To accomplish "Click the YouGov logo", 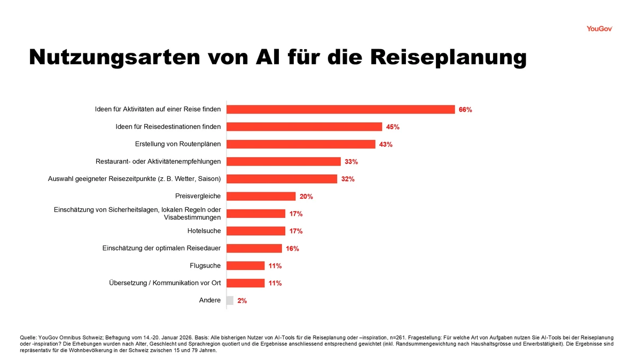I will [x=599, y=29].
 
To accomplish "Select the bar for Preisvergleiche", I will [x=261, y=196].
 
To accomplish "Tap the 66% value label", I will [x=465, y=110].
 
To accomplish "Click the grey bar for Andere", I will [x=230, y=301].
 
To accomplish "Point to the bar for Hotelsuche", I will [x=256, y=231].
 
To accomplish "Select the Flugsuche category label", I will [x=205, y=265].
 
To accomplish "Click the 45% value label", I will [x=393, y=127].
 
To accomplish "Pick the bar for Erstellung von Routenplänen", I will [x=301, y=144].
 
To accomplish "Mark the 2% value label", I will [x=242, y=301].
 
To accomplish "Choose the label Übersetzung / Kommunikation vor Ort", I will [x=165, y=283].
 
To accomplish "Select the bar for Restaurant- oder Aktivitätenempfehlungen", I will [x=284, y=161].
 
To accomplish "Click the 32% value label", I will [x=348, y=179].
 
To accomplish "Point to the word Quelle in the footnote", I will [x=28, y=338].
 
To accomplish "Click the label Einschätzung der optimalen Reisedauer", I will [x=161, y=248].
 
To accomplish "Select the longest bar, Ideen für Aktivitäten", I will [x=341, y=109].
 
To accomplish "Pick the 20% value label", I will [x=306, y=197].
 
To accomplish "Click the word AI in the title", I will [x=270, y=58].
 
